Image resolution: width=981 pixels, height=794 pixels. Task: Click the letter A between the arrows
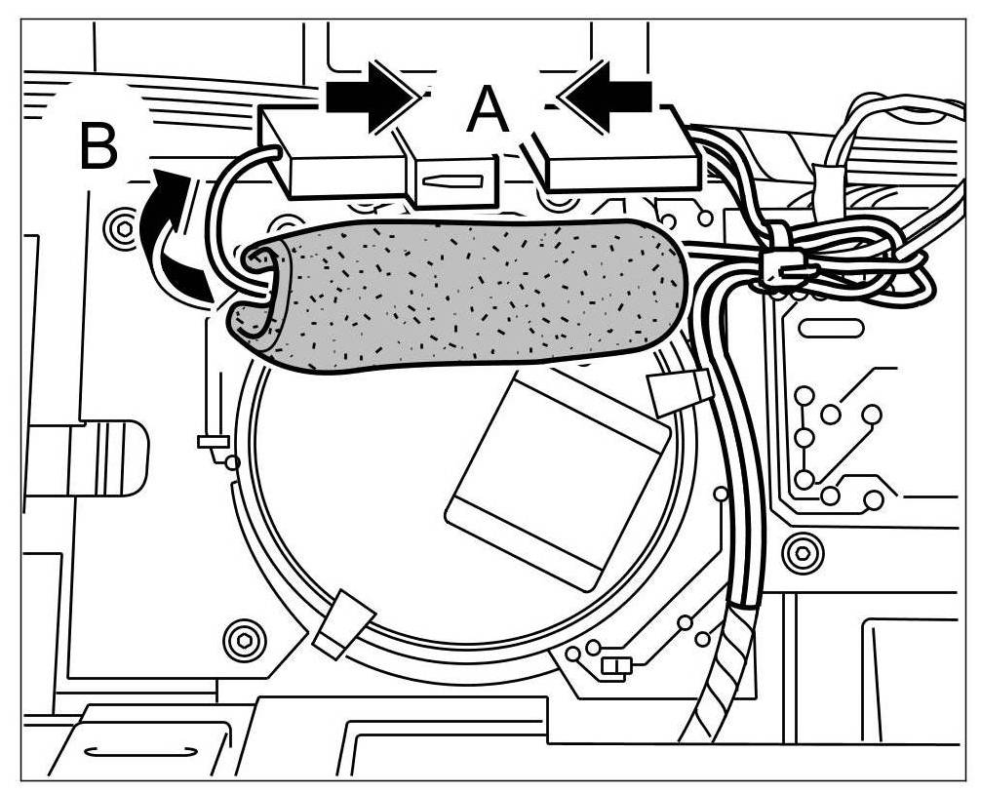(x=488, y=109)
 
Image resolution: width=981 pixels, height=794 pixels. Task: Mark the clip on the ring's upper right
(x=679, y=390)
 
